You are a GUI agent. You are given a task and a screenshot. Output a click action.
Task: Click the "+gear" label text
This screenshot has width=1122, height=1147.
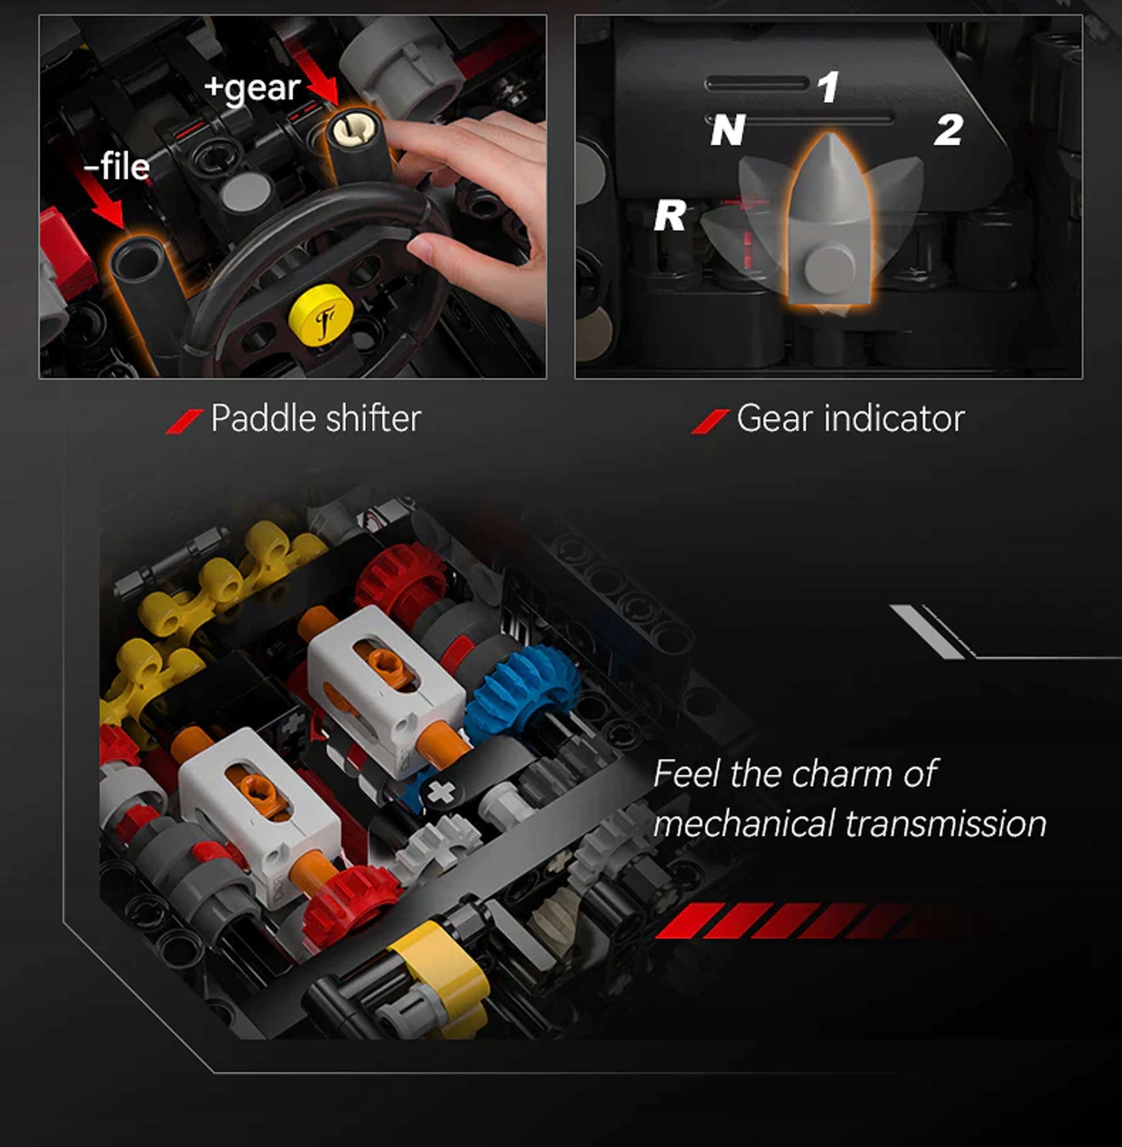(252, 89)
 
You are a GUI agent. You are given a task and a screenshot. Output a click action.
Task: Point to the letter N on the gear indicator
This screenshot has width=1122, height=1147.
(727, 130)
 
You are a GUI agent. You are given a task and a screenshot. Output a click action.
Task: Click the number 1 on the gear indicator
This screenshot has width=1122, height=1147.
(828, 87)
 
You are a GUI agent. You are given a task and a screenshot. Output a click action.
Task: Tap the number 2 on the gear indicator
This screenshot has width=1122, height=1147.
(948, 130)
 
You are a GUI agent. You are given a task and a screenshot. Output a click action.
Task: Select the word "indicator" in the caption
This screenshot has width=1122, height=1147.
(894, 419)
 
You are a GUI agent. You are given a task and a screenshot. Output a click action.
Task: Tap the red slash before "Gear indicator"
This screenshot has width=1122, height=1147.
(710, 422)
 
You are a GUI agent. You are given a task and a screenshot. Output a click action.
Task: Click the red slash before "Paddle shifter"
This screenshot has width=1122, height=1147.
(184, 422)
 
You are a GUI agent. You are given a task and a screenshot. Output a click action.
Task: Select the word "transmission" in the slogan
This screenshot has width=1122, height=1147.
(946, 824)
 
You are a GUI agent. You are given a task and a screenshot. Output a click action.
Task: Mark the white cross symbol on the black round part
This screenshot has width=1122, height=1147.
(440, 792)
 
